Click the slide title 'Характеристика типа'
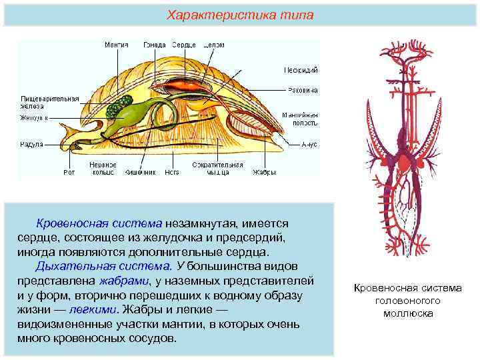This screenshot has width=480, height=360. [240, 15]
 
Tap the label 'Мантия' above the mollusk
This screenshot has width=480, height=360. [116, 45]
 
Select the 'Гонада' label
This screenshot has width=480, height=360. [155, 45]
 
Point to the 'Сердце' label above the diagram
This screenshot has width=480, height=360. [183, 45]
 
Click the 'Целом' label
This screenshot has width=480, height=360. [214, 45]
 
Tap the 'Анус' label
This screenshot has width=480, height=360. [309, 143]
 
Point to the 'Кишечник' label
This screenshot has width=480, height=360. [141, 172]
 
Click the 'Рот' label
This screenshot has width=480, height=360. [69, 172]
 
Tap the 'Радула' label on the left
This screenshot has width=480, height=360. [31, 143]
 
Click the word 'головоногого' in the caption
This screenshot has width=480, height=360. [407, 301]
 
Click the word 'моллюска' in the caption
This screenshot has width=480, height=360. [407, 313]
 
